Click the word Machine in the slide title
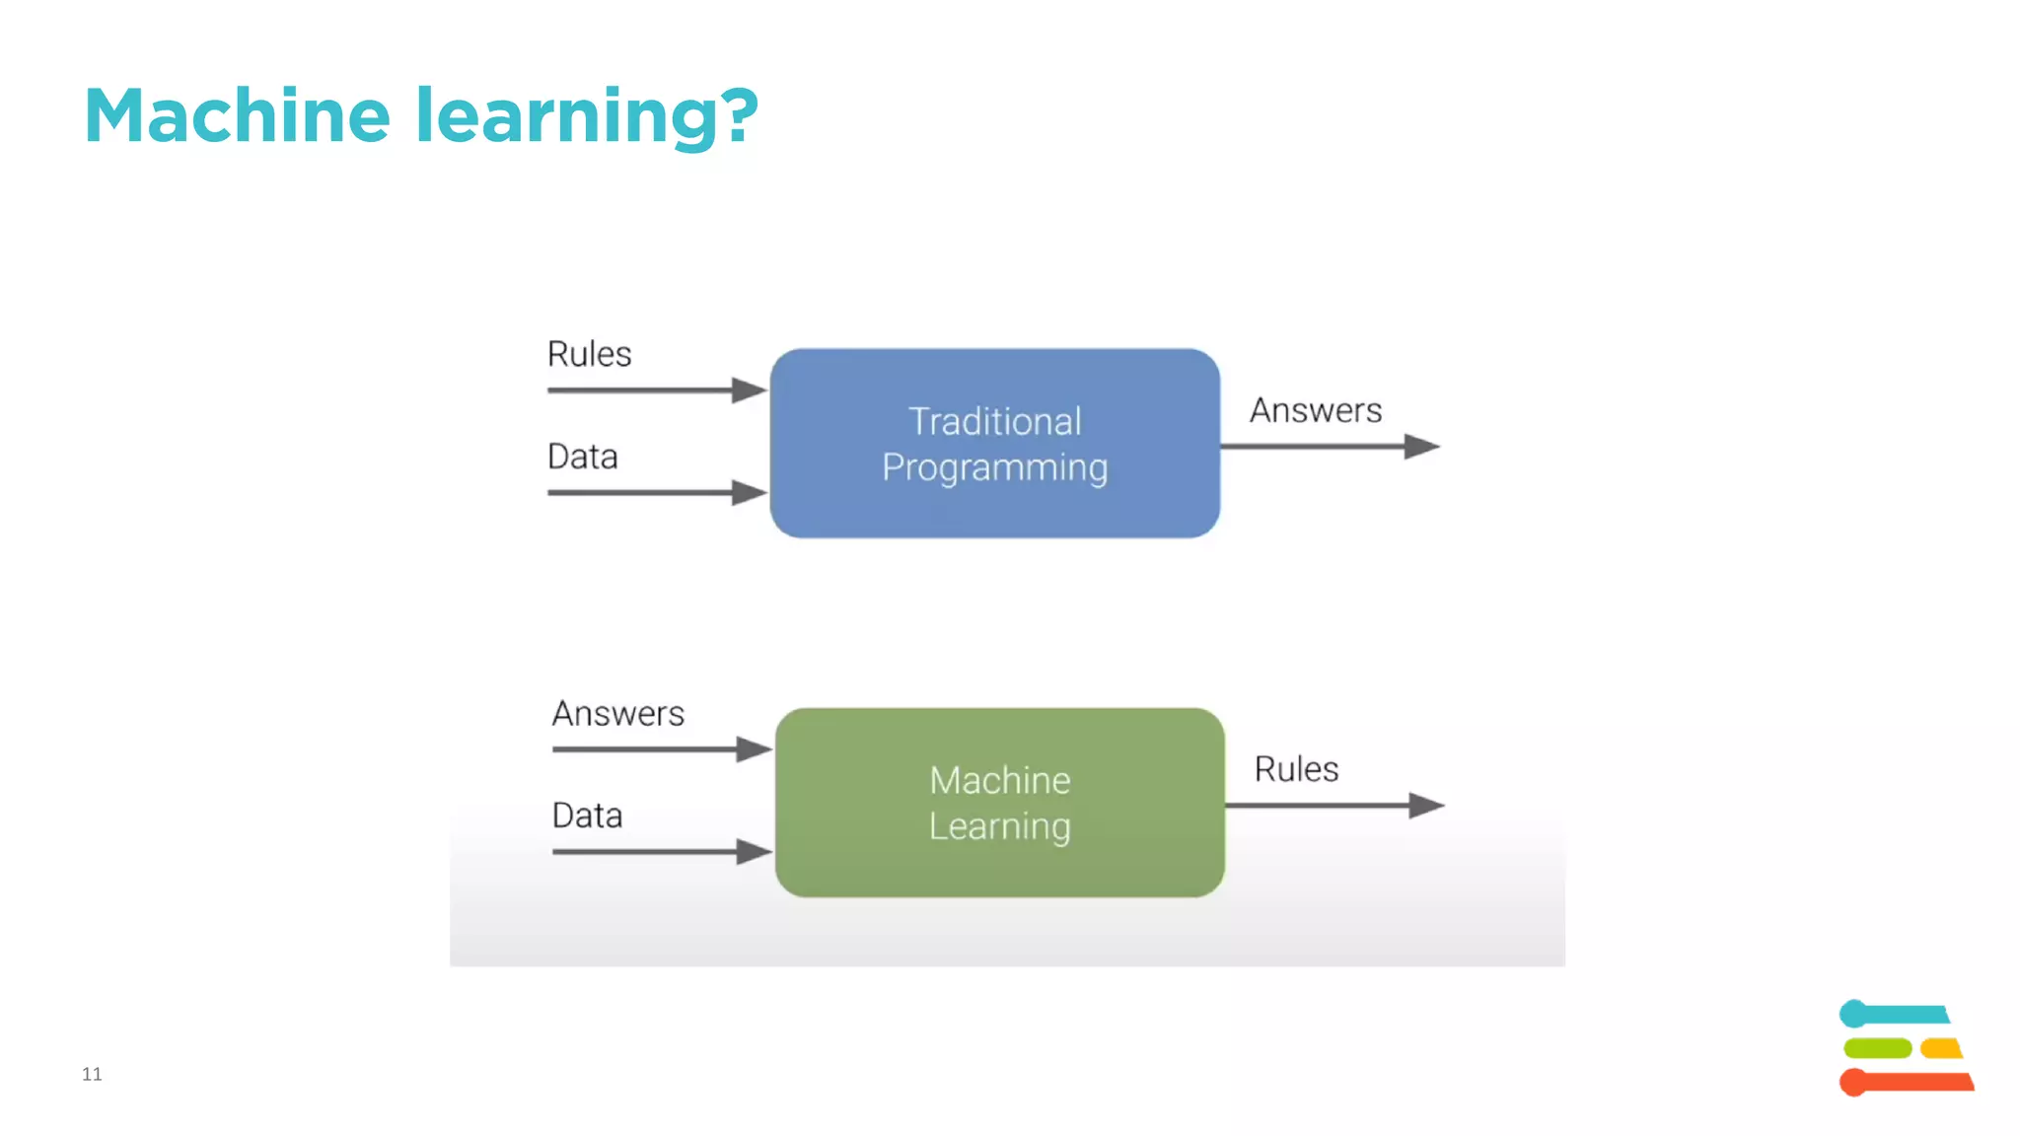tap(237, 116)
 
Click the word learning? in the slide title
tap(586, 116)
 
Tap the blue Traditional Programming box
tap(994, 444)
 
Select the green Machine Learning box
tap(999, 803)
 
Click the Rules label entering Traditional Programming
tap(589, 354)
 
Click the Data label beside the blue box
tap(582, 457)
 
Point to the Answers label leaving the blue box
tap(1315, 410)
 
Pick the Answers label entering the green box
tap(617, 713)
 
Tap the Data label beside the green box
tap(587, 816)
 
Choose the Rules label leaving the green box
tap(1296, 769)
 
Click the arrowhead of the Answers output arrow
tap(1421, 447)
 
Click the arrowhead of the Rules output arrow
tap(1426, 806)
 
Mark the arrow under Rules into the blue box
tap(651, 390)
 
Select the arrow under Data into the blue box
tap(651, 492)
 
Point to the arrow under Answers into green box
tap(656, 749)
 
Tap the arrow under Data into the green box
tap(656, 851)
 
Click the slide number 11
tap(92, 1074)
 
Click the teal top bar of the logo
tap(1899, 1014)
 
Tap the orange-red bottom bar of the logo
tap(1909, 1082)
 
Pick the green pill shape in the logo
tap(1877, 1047)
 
